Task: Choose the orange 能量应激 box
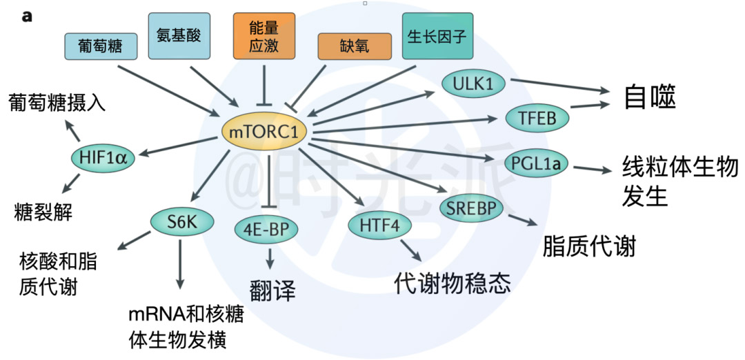264,35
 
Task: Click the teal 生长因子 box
438,35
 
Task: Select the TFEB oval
538,117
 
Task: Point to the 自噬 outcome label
648,97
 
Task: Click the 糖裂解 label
43,210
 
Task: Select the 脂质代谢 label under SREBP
589,246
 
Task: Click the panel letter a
27,15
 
